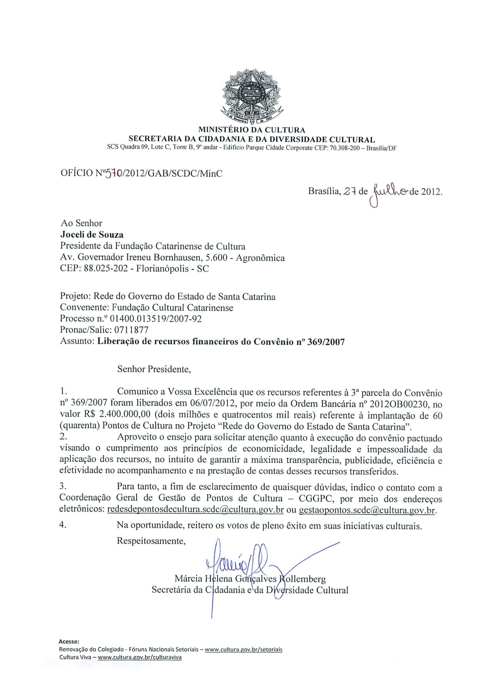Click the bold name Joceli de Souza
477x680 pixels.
92,235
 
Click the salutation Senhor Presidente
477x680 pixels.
154,369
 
